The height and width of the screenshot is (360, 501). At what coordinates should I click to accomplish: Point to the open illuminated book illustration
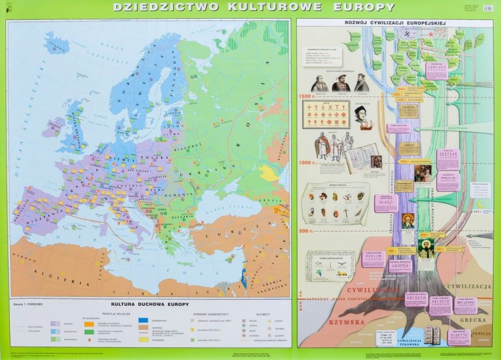point(363,156)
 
